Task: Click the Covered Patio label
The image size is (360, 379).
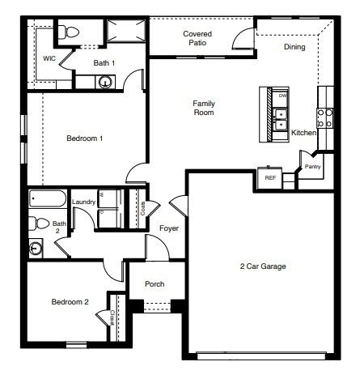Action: pyautogui.click(x=197, y=38)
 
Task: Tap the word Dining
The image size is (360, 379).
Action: pyautogui.click(x=294, y=47)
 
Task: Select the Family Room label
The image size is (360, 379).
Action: pyautogui.click(x=203, y=108)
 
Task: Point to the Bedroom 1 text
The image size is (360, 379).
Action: pyautogui.click(x=84, y=138)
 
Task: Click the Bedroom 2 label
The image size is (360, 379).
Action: pyautogui.click(x=70, y=302)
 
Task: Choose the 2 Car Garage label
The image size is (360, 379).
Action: pyautogui.click(x=263, y=266)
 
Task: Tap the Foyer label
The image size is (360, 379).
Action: pyautogui.click(x=168, y=228)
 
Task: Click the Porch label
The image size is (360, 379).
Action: pyautogui.click(x=155, y=284)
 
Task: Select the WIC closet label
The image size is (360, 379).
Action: pyautogui.click(x=49, y=58)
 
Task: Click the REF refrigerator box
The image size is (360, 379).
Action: pyautogui.click(x=269, y=177)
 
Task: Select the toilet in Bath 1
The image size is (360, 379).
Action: pyautogui.click(x=70, y=32)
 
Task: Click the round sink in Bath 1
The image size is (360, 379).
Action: pyautogui.click(x=105, y=81)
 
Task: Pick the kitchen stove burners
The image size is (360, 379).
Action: pyautogui.click(x=324, y=119)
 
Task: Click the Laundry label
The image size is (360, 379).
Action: pyautogui.click(x=83, y=202)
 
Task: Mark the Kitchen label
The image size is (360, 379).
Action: pyautogui.click(x=303, y=132)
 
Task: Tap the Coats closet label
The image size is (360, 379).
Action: pyautogui.click(x=142, y=207)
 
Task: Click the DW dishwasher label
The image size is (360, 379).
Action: pyautogui.click(x=282, y=96)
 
